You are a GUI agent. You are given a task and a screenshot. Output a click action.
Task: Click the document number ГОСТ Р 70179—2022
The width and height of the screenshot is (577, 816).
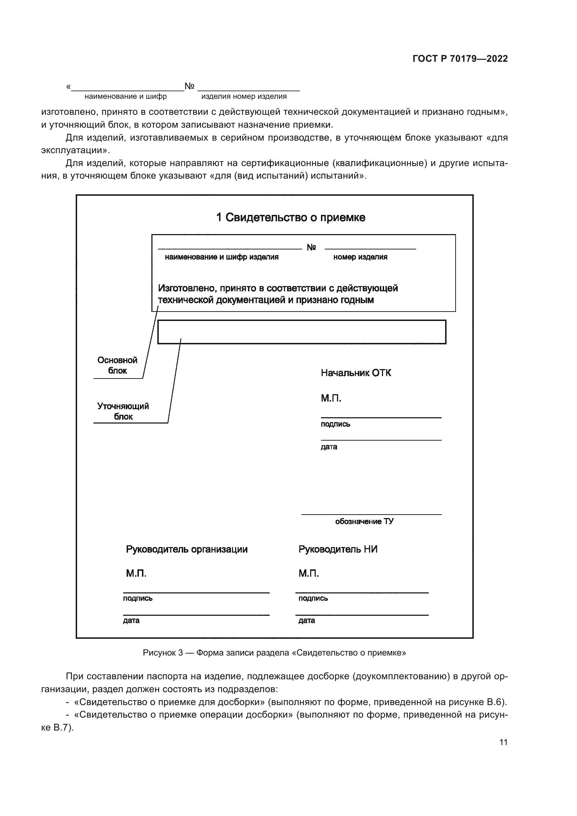click(x=460, y=59)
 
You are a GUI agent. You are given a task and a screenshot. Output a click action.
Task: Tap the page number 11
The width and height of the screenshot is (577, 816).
click(x=503, y=742)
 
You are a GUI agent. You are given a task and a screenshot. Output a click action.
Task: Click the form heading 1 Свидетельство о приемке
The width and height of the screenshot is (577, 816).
click(x=291, y=217)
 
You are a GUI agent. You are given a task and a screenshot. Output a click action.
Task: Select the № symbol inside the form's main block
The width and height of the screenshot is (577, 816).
click(x=311, y=247)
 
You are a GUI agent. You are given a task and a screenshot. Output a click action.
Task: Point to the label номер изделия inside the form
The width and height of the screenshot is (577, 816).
click(x=360, y=257)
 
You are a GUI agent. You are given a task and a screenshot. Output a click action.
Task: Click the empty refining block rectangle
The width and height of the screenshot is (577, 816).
click(x=301, y=332)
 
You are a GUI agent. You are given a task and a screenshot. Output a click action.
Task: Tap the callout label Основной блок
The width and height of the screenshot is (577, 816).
click(x=117, y=365)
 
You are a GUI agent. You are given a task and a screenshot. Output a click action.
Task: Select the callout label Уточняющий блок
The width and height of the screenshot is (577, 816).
click(x=123, y=411)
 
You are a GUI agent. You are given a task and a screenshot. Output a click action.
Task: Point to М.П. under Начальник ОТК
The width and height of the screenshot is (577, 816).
click(x=331, y=398)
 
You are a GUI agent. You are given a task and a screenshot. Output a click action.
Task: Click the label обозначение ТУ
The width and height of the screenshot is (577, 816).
click(x=364, y=521)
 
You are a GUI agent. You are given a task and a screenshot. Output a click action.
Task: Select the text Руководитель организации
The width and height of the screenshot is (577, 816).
click(x=187, y=549)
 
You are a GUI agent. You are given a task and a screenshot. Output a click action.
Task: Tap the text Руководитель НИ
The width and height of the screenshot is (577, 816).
click(x=338, y=549)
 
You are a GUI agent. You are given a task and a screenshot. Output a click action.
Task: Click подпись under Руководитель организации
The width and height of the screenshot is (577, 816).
click(x=137, y=598)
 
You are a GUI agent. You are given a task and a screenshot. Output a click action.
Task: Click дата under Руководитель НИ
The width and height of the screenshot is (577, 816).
click(x=306, y=621)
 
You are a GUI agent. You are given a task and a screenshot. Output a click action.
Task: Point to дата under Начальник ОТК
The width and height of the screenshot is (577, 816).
click(x=329, y=447)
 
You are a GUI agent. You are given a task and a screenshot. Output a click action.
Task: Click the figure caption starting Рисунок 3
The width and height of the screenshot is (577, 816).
click(x=274, y=653)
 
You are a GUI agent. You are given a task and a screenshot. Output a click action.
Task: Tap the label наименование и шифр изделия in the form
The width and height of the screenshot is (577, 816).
click(x=222, y=257)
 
